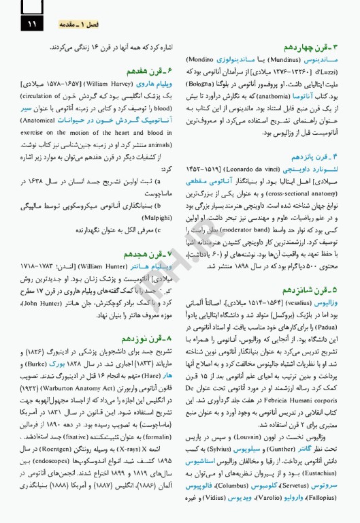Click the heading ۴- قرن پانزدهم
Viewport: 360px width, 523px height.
click(318, 157)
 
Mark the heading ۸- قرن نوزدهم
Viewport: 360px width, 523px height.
click(147, 338)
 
